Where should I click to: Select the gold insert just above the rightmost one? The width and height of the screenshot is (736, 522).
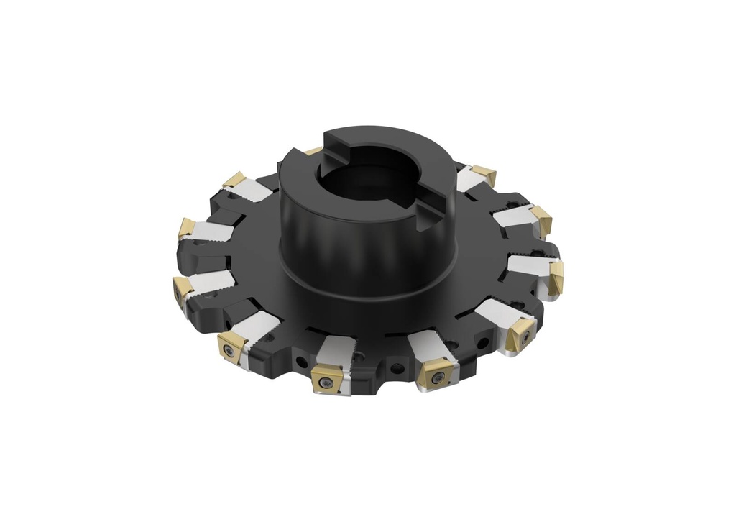[x=541, y=220]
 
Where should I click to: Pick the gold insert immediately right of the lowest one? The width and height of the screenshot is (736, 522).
[x=435, y=372]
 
